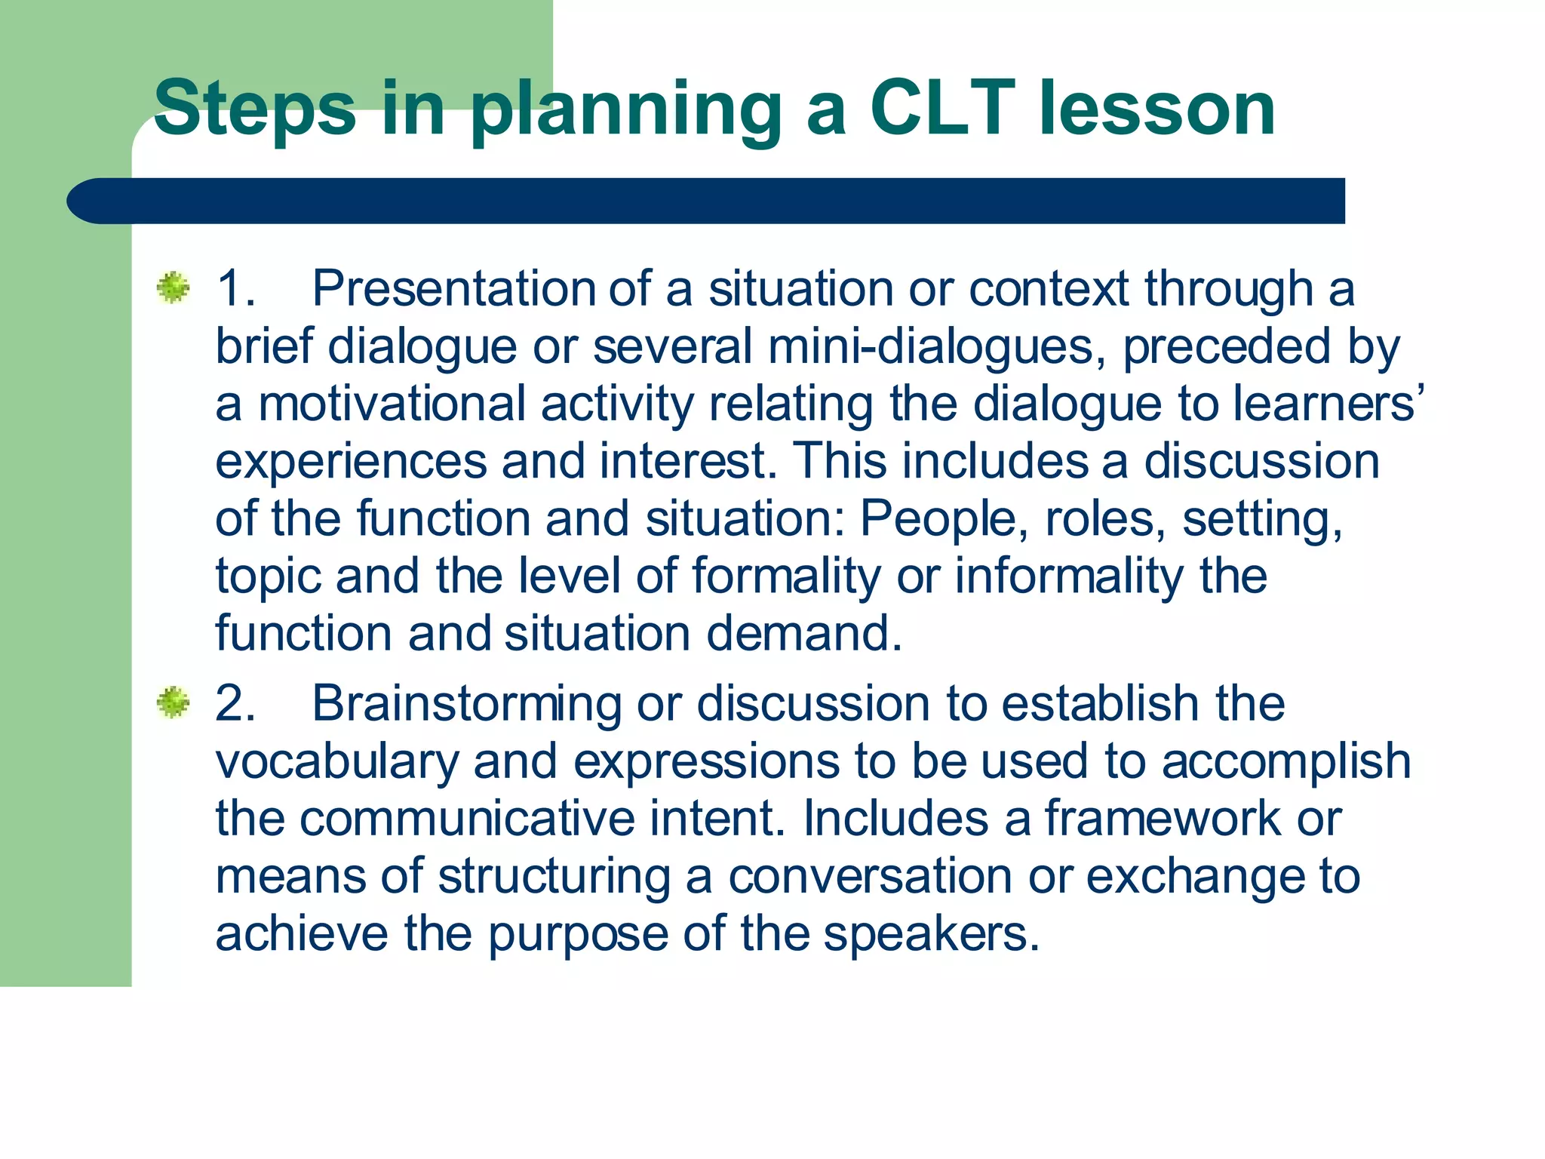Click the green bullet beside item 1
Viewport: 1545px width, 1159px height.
[x=174, y=288]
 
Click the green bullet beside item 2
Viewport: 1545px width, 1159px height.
[x=174, y=702]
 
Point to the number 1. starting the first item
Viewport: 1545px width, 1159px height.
[x=235, y=288]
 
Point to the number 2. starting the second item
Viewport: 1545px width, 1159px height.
[x=235, y=703]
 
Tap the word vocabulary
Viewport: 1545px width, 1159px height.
[x=337, y=761]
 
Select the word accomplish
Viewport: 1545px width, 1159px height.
[x=1285, y=761]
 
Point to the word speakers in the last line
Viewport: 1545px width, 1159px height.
[x=931, y=934]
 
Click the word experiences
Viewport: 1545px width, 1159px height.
[x=351, y=461]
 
